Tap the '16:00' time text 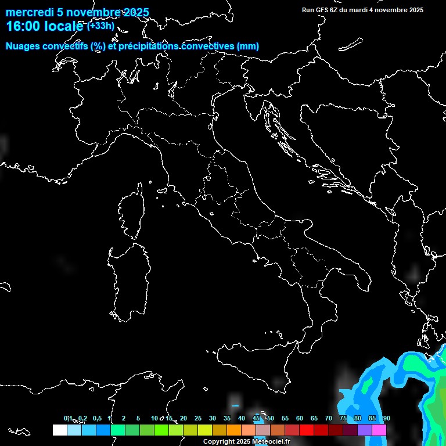tap(22, 26)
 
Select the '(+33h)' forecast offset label tap(101, 26)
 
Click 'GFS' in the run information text tap(323, 10)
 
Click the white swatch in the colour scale tap(59, 430)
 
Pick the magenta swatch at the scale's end tap(379, 430)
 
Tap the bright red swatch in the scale tap(306, 430)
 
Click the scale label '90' tap(386, 419)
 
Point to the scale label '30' tap(212, 419)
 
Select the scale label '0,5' tap(96, 419)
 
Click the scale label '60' tap(299, 419)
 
